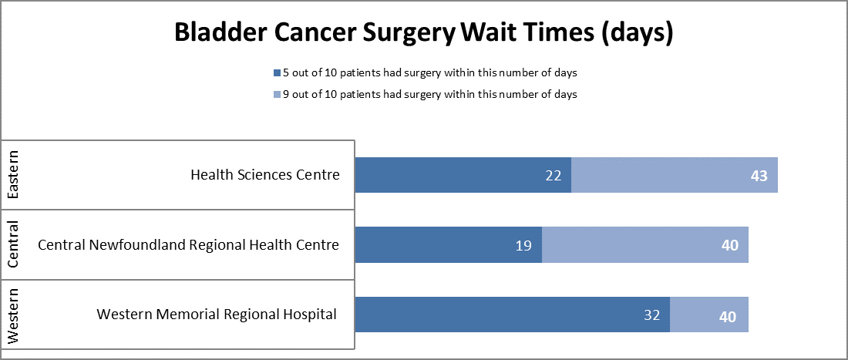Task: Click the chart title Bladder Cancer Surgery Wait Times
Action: tap(423, 33)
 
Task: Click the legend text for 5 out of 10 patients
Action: tap(430, 73)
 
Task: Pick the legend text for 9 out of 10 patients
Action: tap(430, 95)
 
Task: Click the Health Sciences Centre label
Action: tap(264, 175)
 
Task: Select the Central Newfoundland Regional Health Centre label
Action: tap(188, 245)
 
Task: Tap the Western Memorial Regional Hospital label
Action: tap(217, 315)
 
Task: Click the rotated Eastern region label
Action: tap(13, 175)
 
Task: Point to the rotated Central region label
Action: tap(13, 245)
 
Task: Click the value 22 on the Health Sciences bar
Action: tap(553, 176)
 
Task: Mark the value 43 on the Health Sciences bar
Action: tap(759, 176)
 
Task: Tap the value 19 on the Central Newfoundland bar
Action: tap(523, 246)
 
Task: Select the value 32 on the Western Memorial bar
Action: tap(651, 315)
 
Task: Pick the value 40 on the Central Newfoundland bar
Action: tap(729, 246)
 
